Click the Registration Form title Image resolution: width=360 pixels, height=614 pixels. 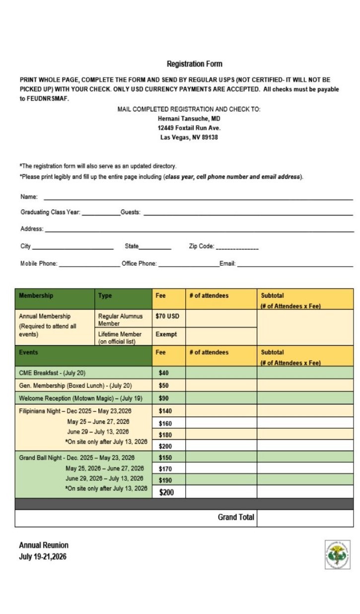194,64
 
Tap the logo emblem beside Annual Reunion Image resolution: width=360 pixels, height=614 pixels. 337,554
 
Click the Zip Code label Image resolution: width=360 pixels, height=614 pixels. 201,246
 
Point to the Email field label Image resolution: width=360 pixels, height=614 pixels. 227,264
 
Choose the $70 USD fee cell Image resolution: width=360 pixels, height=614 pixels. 167,316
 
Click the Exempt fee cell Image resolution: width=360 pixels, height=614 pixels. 166,334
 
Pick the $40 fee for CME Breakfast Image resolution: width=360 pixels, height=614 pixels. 164,373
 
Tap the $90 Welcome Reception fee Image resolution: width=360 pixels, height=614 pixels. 164,398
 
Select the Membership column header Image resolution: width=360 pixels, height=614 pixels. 36,296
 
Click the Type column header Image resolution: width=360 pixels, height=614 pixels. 105,296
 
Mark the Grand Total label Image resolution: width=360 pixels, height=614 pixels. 236,517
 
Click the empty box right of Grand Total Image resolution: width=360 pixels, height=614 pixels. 305,518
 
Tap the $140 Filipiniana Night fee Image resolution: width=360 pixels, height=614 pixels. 165,411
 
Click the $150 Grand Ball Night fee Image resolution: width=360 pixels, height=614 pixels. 165,458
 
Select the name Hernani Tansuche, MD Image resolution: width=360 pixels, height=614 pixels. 189,119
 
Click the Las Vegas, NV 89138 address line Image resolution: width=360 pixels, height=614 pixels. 189,137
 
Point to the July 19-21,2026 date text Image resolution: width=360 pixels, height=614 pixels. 43,556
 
